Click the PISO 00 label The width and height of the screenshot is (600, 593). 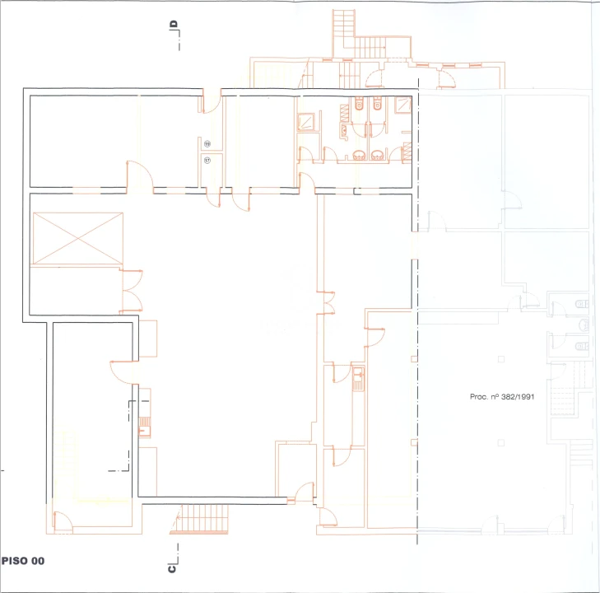(x=23, y=561)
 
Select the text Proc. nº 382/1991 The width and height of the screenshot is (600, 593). (x=502, y=397)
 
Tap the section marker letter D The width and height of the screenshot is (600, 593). (x=174, y=25)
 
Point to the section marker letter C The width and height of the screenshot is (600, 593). (x=172, y=569)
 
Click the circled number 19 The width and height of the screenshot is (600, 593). (x=207, y=144)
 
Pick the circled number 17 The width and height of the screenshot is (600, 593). (x=207, y=161)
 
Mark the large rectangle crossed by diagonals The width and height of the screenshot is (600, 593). (x=78, y=239)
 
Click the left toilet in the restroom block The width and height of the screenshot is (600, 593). (x=359, y=104)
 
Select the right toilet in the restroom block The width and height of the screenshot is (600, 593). (x=377, y=104)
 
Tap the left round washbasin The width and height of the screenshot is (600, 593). (x=360, y=156)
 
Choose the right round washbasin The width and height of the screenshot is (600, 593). (x=377, y=156)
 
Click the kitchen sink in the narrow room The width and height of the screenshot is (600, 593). (x=358, y=379)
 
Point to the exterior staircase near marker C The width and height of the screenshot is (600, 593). (x=199, y=519)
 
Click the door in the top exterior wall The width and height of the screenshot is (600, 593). (x=212, y=100)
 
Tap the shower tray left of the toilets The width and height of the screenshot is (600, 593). (x=305, y=122)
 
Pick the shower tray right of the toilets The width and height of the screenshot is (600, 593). (x=403, y=105)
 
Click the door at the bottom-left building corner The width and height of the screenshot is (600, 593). (x=63, y=522)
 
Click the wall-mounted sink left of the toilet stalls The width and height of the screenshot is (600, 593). (x=344, y=131)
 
